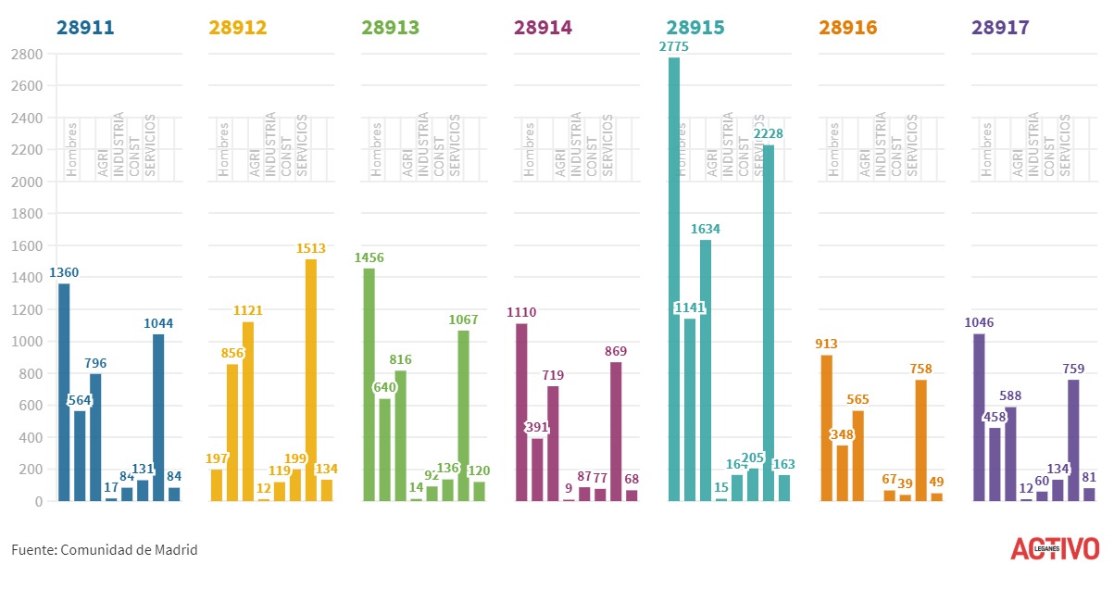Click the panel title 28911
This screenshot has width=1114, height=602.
click(x=85, y=28)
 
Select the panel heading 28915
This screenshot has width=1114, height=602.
click(x=695, y=28)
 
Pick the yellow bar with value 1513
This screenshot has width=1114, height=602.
click(x=311, y=380)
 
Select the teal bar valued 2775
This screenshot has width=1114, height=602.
click(x=674, y=279)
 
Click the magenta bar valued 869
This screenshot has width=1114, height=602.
click(x=616, y=431)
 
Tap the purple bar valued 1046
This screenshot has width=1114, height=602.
click(x=980, y=417)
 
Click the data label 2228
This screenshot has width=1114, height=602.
click(x=768, y=133)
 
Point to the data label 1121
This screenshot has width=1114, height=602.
click(x=247, y=310)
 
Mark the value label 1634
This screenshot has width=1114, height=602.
click(x=705, y=229)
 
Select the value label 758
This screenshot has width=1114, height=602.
click(x=920, y=369)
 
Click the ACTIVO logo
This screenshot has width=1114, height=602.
click(x=1055, y=548)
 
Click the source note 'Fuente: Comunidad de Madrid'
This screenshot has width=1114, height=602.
click(x=105, y=550)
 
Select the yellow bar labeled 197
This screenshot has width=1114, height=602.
click(x=217, y=484)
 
